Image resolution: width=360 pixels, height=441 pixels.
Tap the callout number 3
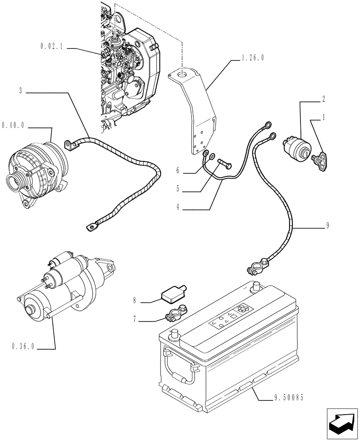[21, 91]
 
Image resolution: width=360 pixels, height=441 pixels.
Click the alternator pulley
[14, 182]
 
